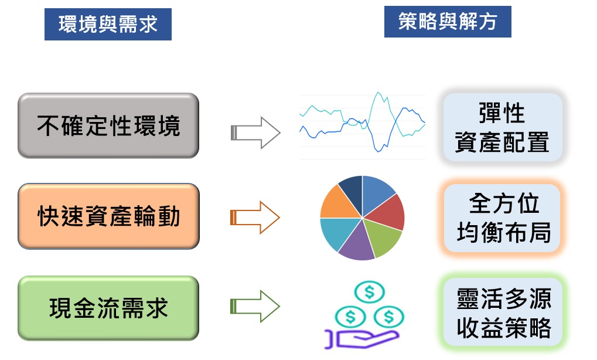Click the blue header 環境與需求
tap(108, 25)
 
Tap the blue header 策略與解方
tap(448, 22)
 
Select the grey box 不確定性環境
tap(108, 125)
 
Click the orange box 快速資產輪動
tap(108, 216)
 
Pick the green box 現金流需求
tap(108, 308)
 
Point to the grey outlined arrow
tap(255, 132)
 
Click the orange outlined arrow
tap(255, 218)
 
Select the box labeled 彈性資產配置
tap(502, 128)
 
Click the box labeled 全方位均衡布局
tap(503, 218)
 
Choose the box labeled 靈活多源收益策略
tap(503, 312)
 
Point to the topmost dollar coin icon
tap(370, 291)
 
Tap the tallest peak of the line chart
tap(378, 93)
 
